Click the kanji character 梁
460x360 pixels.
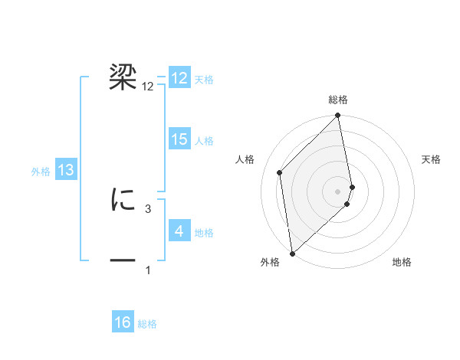[x=123, y=77]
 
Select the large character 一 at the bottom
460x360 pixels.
[x=123, y=260]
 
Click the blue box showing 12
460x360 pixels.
[x=179, y=78]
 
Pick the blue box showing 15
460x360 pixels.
[x=179, y=139]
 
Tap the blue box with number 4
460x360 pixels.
[x=179, y=231]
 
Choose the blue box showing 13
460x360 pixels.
[x=66, y=170]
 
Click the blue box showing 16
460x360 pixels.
[x=123, y=322]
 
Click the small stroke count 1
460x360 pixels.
[x=147, y=270]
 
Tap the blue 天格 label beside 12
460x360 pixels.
[x=204, y=80]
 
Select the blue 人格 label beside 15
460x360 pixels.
[x=204, y=141]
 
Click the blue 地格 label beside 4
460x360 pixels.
[x=204, y=233]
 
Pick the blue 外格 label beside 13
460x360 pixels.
[x=41, y=172]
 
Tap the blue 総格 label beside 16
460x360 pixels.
[x=147, y=324]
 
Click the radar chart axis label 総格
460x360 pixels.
[x=338, y=100]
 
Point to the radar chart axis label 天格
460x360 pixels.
[x=432, y=159]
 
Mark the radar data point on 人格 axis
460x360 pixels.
[x=280, y=172]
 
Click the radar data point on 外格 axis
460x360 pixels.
[x=291, y=254]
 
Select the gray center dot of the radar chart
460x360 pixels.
[x=338, y=191]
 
